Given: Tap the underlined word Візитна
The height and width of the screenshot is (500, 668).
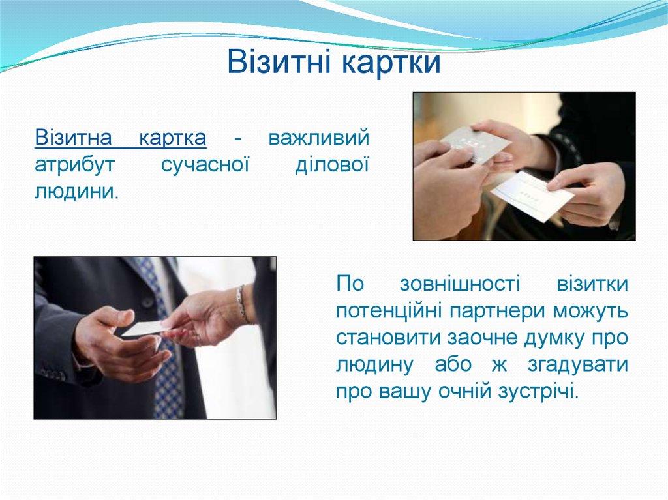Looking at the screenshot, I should tap(74, 139).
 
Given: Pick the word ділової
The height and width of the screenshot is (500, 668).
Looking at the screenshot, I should tap(332, 165).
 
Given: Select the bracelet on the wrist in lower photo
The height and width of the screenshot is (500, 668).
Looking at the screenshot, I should tap(243, 304).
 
